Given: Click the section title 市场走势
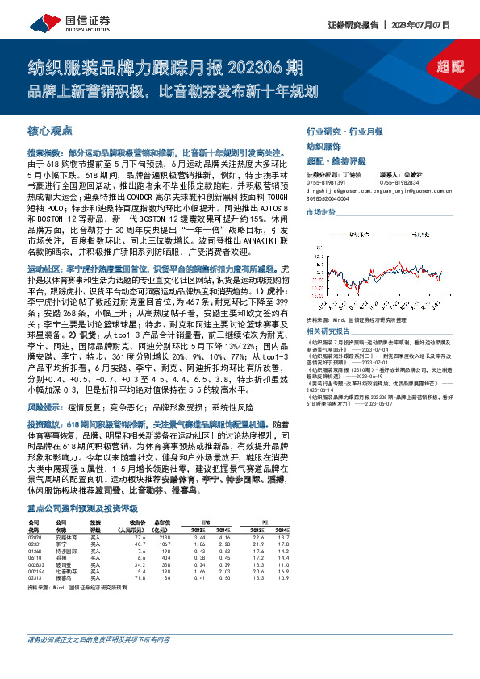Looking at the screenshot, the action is pos(319,211).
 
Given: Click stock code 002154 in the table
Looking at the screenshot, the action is pos(38,594).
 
